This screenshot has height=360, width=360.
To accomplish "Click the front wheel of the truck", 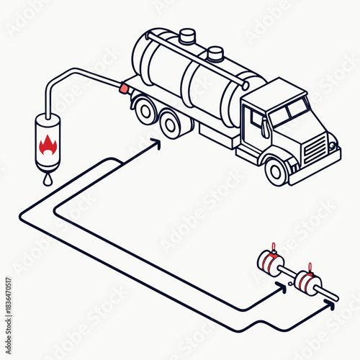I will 276,170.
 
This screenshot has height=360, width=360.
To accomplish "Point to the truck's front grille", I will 315,149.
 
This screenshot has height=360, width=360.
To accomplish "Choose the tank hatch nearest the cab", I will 215,53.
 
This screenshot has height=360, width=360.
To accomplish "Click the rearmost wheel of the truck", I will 144,109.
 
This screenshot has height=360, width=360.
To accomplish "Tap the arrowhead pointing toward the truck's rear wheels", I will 156,144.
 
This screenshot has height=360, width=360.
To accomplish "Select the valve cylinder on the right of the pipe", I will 308,282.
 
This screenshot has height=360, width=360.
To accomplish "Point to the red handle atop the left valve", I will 273,247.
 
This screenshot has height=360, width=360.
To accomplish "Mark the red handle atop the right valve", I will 310,267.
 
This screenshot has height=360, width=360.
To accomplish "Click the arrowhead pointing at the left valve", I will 282,287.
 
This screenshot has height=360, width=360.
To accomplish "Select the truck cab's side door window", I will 257,118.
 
